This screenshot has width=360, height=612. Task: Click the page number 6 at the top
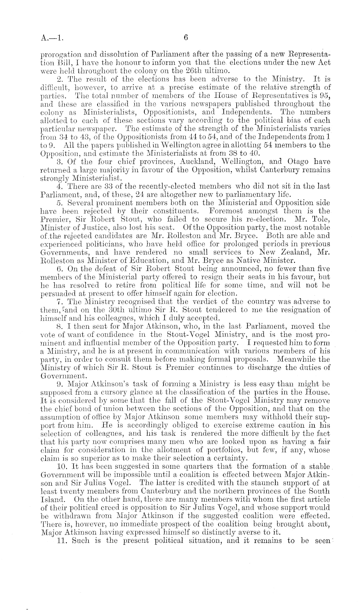(186, 37)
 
